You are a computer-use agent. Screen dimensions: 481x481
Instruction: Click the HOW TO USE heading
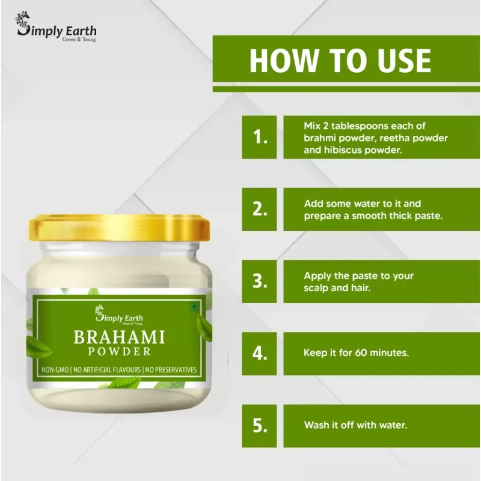click(x=340, y=60)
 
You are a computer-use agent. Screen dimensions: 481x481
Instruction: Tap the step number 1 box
click(x=260, y=136)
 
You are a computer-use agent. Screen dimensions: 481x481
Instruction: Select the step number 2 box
click(x=260, y=209)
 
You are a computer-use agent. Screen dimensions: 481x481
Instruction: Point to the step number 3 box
click(x=260, y=281)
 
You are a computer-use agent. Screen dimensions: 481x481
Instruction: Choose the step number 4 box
click(x=260, y=353)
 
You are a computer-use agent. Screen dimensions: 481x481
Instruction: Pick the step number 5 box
click(x=260, y=425)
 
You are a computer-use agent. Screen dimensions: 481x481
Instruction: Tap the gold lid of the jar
click(x=120, y=227)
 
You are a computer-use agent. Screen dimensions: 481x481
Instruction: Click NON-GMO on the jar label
click(x=55, y=369)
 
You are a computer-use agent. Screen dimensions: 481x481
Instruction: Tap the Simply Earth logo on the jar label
click(x=119, y=314)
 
